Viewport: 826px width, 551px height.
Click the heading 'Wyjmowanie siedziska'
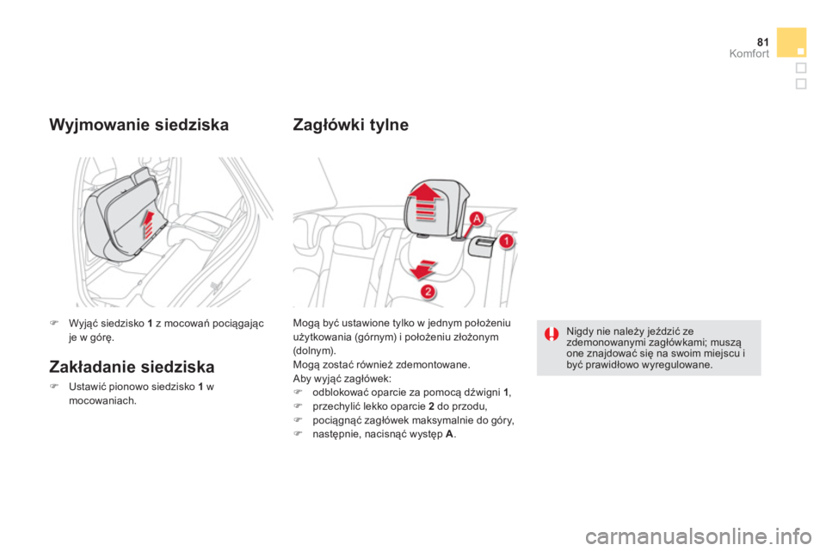click(139, 125)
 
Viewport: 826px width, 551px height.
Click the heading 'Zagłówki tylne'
click(351, 125)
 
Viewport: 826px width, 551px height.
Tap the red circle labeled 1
click(508, 241)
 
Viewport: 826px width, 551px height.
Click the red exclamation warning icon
click(551, 333)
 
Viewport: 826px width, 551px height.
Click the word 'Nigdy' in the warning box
click(580, 330)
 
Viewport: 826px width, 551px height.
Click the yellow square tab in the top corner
click(792, 42)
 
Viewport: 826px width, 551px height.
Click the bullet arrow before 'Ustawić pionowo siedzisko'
click(53, 387)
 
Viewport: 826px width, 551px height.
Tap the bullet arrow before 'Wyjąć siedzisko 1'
click(53, 323)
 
